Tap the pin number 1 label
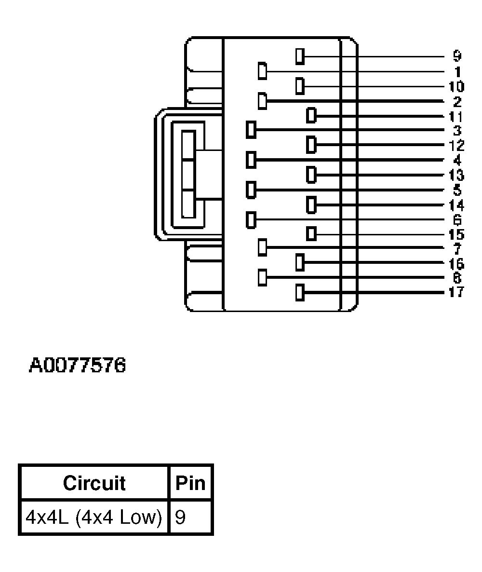coord(457,72)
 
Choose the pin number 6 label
coord(457,220)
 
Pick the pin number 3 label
coord(457,130)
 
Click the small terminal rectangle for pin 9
coord(299,56)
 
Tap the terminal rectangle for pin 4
coord(251,159)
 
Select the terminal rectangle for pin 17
coord(299,293)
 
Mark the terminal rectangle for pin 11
coord(311,116)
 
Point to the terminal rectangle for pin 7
coord(263,247)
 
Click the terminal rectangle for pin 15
coord(311,234)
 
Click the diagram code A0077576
coord(78,365)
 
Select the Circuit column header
coord(94,483)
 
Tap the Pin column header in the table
coord(191,483)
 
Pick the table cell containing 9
coord(191,517)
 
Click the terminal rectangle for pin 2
coord(263,101)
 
